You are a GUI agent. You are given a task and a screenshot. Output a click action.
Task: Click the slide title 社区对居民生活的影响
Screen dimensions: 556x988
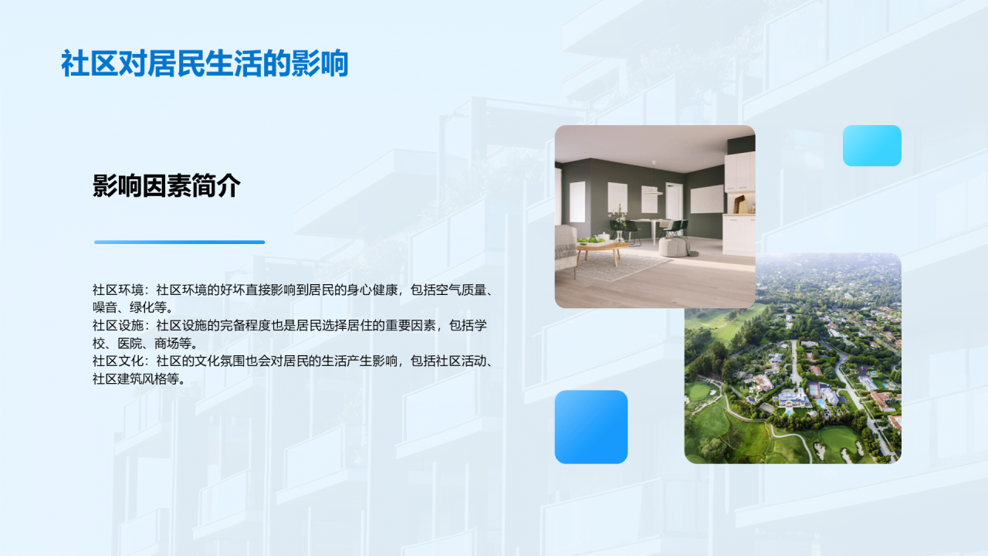point(205,64)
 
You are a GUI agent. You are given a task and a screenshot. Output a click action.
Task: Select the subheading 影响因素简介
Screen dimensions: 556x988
point(167,186)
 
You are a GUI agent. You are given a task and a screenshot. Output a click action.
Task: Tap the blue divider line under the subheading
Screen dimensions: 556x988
point(179,242)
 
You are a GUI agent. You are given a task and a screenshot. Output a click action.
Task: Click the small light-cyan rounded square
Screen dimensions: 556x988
point(871,145)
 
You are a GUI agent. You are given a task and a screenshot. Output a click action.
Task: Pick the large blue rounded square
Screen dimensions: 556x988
point(590,426)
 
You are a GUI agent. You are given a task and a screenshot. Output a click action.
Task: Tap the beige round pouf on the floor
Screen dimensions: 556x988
point(677,247)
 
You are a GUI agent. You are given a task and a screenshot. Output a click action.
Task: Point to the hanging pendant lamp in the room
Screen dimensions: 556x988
point(653,185)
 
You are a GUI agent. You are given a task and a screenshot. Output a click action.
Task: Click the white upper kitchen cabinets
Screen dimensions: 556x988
point(739,171)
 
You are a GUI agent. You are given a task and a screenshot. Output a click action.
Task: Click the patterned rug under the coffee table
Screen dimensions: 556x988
point(617,266)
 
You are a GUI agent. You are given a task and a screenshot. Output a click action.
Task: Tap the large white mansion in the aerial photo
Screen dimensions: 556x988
point(794,398)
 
